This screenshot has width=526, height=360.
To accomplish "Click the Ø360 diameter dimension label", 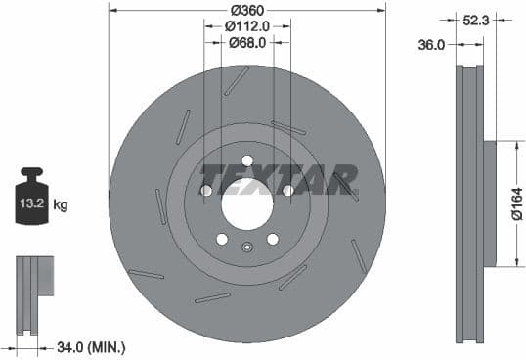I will (246, 10).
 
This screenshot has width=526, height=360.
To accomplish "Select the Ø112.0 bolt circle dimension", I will (246, 26).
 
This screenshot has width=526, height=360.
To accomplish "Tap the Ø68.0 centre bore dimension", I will (246, 42).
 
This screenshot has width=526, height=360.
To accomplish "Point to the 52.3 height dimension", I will (479, 18).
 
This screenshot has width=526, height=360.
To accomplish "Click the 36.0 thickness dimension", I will (432, 44).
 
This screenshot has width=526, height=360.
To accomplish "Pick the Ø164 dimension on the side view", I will (515, 203).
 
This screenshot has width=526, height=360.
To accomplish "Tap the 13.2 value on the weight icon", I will (29, 204).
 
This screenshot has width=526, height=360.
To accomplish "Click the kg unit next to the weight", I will (61, 204).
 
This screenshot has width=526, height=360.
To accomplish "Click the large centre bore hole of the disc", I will (246, 206).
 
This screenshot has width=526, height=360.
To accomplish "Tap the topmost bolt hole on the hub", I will (246, 160).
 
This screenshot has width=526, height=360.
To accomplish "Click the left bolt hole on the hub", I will (206, 190).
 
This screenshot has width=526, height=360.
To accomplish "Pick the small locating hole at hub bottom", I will (246, 247).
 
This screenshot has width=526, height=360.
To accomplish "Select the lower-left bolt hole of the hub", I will (222, 239).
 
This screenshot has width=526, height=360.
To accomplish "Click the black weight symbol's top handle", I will (29, 174).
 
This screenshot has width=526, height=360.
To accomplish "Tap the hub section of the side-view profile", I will (490, 203).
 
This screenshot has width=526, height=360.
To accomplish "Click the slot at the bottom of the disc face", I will (213, 297).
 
